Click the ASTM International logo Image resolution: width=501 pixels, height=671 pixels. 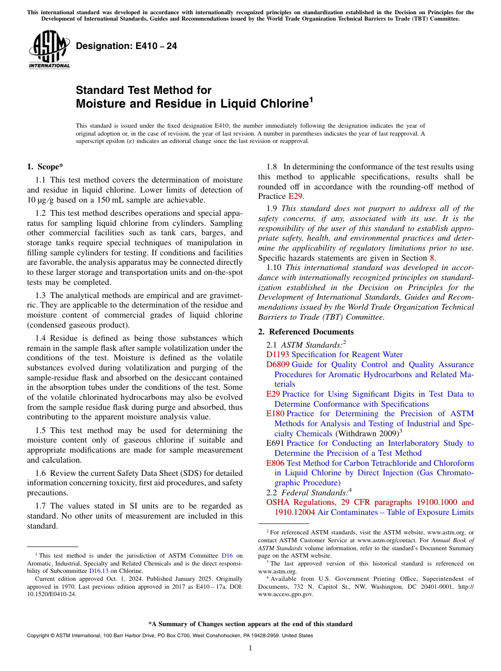(49, 50)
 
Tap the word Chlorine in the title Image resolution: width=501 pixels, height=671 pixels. (280, 104)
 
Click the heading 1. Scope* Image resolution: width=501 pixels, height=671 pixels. (45, 167)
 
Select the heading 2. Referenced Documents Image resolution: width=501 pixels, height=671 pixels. (306, 332)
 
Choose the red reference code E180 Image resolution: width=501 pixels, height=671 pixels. (276, 414)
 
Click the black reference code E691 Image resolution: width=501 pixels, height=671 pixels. (275, 443)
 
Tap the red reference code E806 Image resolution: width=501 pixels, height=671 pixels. (275, 463)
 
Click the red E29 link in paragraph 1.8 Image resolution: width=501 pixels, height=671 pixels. (295, 196)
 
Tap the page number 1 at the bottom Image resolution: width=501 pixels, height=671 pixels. (250, 648)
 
